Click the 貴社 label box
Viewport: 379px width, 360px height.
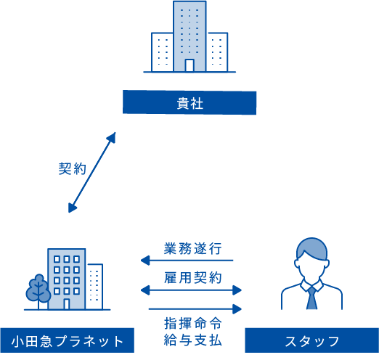pyautogui.click(x=189, y=102)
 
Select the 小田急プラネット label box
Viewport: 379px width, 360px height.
pyautogui.click(x=68, y=340)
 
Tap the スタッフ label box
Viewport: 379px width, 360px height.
pyautogui.click(x=312, y=340)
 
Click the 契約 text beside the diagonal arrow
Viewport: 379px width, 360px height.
pyautogui.click(x=73, y=168)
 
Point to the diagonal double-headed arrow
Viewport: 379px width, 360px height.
pyautogui.click(x=92, y=173)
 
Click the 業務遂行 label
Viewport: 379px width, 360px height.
pyautogui.click(x=193, y=248)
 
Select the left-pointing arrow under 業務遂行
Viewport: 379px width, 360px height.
pyautogui.click(x=187, y=261)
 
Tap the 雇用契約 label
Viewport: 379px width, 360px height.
pyautogui.click(x=193, y=277)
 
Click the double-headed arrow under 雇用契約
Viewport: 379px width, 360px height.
pyautogui.click(x=191, y=290)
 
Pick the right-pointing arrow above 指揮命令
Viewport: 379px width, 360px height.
pyautogui.click(x=195, y=309)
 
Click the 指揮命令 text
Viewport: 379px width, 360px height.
pyautogui.click(x=193, y=323)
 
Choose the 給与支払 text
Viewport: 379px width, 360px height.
pyautogui.click(x=193, y=340)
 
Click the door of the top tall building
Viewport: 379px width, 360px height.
pyautogui.click(x=189, y=65)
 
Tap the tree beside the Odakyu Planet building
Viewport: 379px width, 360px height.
pyautogui.click(x=38, y=291)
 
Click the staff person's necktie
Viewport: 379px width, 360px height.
pyautogui.click(x=311, y=298)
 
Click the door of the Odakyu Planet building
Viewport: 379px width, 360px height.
pyautogui.click(x=67, y=304)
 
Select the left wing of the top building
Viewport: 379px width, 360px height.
pyautogui.click(x=163, y=52)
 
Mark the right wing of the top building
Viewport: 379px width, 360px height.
pyautogui.click(x=217, y=52)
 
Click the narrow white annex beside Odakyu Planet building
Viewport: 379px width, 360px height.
pyautogui.click(x=94, y=287)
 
